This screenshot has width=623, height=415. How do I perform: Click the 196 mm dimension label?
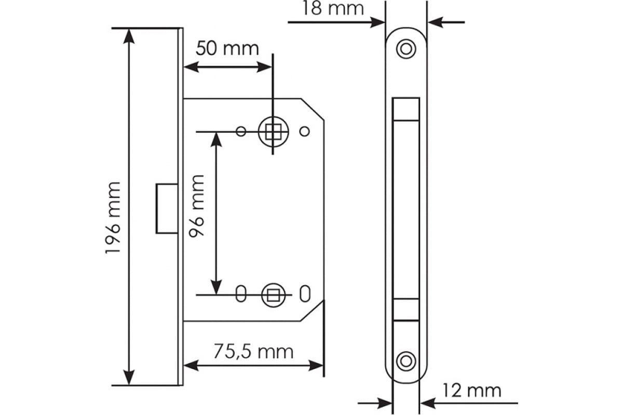113,218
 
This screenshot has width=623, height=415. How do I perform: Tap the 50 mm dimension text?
227,48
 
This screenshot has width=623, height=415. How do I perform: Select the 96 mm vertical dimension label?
196,206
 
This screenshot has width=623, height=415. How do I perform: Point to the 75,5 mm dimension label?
253,352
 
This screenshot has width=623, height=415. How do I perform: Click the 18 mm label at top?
333,8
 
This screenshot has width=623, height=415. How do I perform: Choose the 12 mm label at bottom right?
472,391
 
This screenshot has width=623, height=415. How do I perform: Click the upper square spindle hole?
273,131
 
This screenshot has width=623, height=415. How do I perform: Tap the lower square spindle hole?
273,295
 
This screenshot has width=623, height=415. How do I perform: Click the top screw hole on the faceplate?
406,49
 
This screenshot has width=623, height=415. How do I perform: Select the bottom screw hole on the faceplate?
406,362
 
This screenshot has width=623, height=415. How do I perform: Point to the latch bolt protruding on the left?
167,208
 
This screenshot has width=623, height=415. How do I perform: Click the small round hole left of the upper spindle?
241,131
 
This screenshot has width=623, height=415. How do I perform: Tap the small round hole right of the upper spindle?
305,131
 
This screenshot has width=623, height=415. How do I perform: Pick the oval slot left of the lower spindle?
241,294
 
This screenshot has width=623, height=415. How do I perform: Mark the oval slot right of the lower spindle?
305,294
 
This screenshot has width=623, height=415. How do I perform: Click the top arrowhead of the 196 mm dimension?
129,36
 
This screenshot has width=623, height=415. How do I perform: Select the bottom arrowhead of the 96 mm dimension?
216,287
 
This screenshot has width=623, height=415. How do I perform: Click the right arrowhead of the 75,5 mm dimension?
316,366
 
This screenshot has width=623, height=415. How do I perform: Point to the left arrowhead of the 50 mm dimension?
191,67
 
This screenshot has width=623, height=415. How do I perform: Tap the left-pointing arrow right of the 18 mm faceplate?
446,22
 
